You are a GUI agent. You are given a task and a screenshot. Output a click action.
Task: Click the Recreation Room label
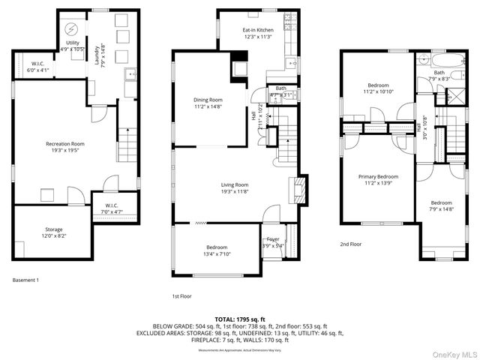point(64,147)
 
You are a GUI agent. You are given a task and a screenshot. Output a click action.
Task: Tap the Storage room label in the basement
point(53,232)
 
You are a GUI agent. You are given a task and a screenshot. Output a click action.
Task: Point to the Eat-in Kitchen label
point(256,33)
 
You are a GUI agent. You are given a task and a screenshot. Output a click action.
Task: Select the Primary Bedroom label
point(377,180)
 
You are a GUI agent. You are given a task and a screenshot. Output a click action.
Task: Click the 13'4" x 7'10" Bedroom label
point(217,250)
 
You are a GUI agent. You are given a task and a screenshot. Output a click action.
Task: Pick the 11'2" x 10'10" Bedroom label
point(377,88)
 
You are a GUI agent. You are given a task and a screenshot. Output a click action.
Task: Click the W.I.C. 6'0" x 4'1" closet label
point(39,67)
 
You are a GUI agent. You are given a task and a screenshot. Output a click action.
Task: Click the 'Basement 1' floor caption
point(25,280)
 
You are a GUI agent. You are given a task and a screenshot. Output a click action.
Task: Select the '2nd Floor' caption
point(351,244)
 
